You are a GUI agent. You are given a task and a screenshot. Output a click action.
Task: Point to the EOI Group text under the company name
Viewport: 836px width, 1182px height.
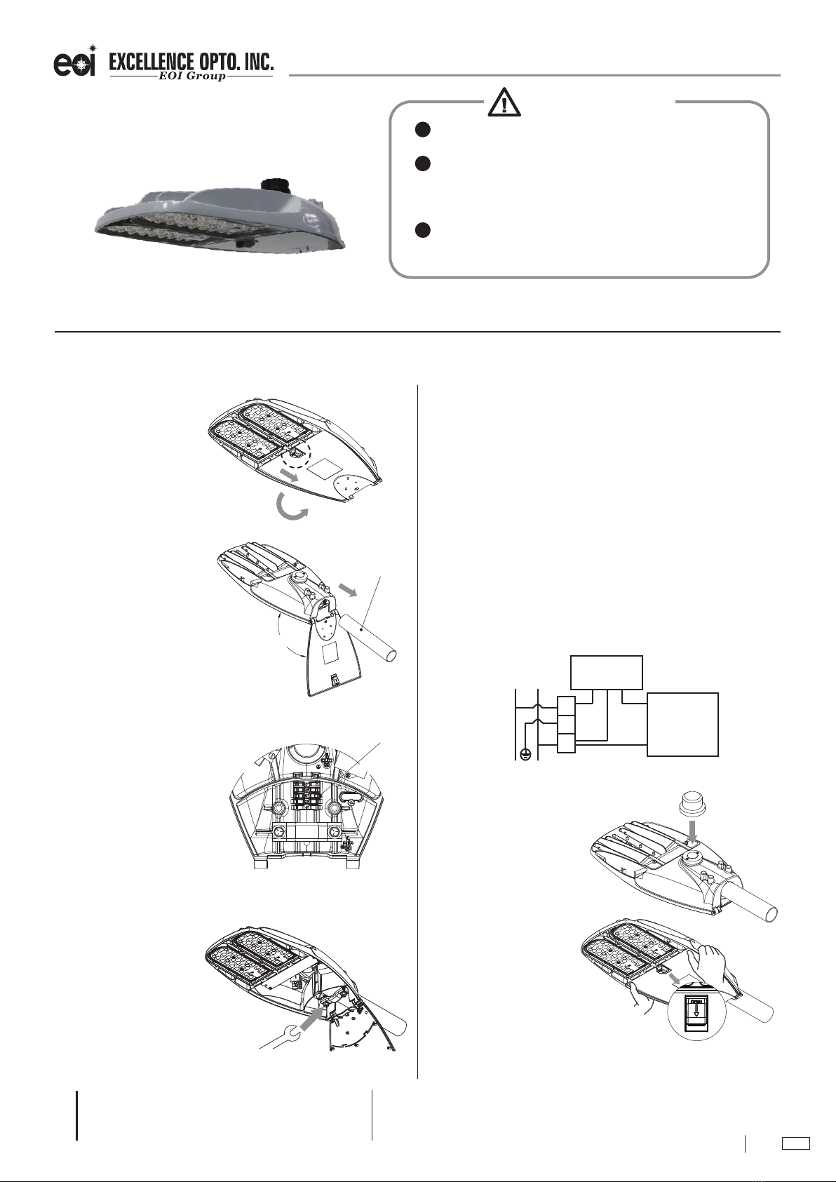tap(191, 76)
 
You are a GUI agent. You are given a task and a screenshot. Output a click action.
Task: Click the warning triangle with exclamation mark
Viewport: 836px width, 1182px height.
tap(504, 102)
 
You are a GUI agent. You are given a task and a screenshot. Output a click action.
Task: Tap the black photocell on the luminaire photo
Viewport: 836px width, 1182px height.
tap(276, 186)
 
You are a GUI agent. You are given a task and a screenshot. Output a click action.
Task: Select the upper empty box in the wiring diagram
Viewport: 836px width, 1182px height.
tap(607, 672)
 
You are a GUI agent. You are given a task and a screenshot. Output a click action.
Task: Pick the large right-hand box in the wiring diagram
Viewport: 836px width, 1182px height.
tap(682, 725)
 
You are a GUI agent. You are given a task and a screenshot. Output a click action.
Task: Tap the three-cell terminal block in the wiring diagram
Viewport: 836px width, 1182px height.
tap(566, 725)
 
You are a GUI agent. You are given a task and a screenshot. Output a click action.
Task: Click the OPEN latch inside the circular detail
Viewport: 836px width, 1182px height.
tap(696, 1013)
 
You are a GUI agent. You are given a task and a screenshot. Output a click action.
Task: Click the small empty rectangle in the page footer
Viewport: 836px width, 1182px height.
tap(796, 1143)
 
